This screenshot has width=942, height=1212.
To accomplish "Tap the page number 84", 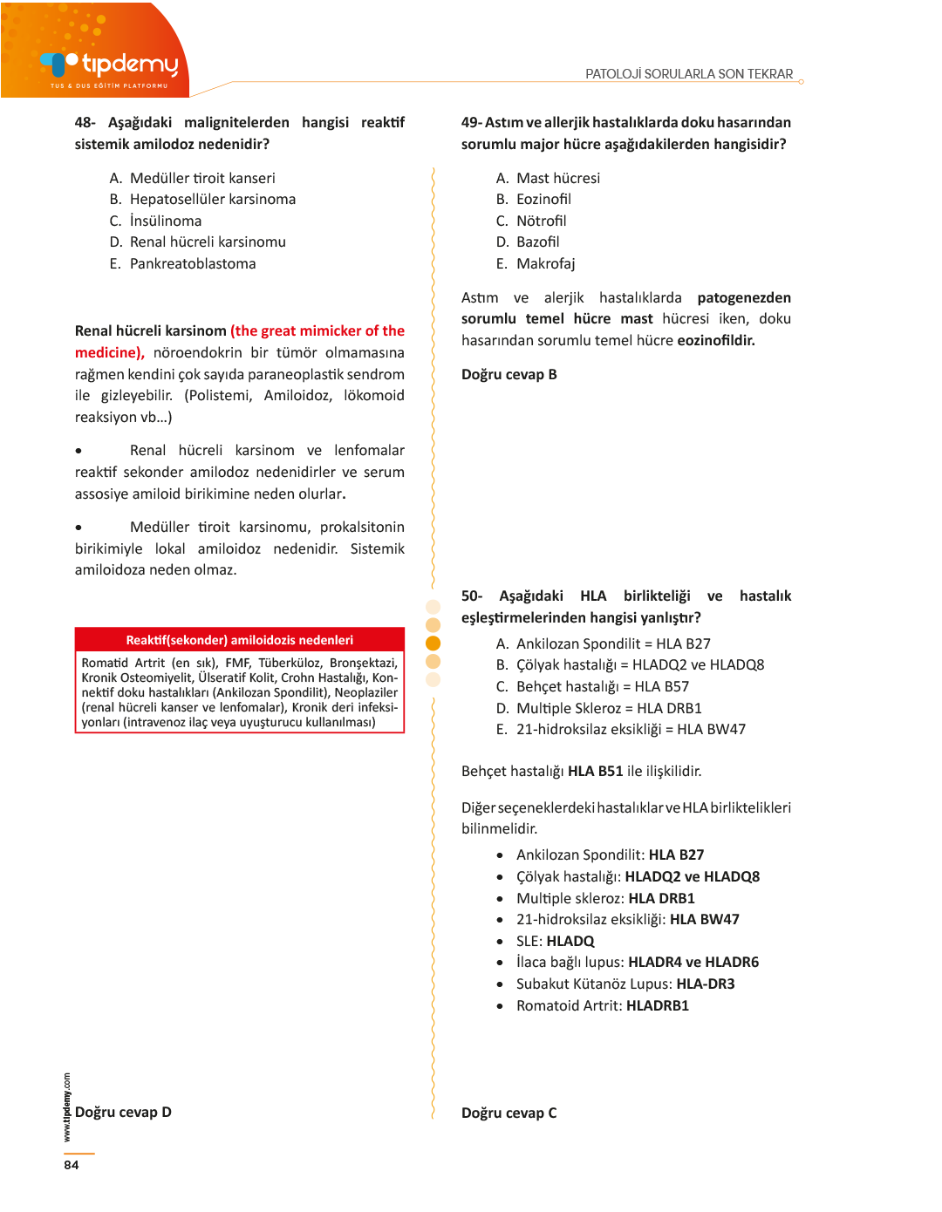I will (72, 1165).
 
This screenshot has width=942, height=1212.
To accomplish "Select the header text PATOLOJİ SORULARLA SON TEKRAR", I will (689, 74).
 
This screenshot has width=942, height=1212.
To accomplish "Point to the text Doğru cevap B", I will (509, 374).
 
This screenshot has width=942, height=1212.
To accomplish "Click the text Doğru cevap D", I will (123, 1112).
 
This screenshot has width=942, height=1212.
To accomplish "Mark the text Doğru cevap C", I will (509, 1113).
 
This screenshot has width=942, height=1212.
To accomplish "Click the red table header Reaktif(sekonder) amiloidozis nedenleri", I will (240, 640).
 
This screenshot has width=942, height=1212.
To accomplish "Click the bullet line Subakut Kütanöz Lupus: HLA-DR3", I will (625, 984).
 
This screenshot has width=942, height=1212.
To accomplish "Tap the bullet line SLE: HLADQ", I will (555, 941).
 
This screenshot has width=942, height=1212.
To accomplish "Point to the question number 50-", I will (472, 596).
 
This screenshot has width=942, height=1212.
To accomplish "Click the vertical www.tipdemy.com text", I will (67, 1106).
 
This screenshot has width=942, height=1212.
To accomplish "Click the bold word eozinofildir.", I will (716, 340).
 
